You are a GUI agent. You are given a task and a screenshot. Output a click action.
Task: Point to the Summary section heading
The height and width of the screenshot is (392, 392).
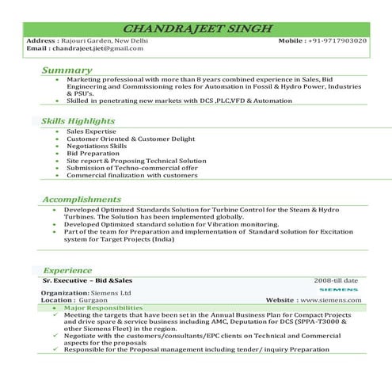[67, 70]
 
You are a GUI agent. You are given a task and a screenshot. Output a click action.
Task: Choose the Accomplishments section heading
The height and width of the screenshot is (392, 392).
[82, 199]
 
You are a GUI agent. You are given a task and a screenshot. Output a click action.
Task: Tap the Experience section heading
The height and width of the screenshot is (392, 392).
[68, 270]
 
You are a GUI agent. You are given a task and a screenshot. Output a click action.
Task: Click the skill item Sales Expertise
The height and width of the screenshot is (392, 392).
[92, 131]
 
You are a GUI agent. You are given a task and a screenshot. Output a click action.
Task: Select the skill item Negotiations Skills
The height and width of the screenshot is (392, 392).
[97, 146]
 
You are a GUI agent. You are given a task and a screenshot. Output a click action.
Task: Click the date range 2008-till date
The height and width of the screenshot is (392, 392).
[336, 280]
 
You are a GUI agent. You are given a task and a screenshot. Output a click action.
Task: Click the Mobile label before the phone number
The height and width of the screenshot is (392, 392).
[294, 40]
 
